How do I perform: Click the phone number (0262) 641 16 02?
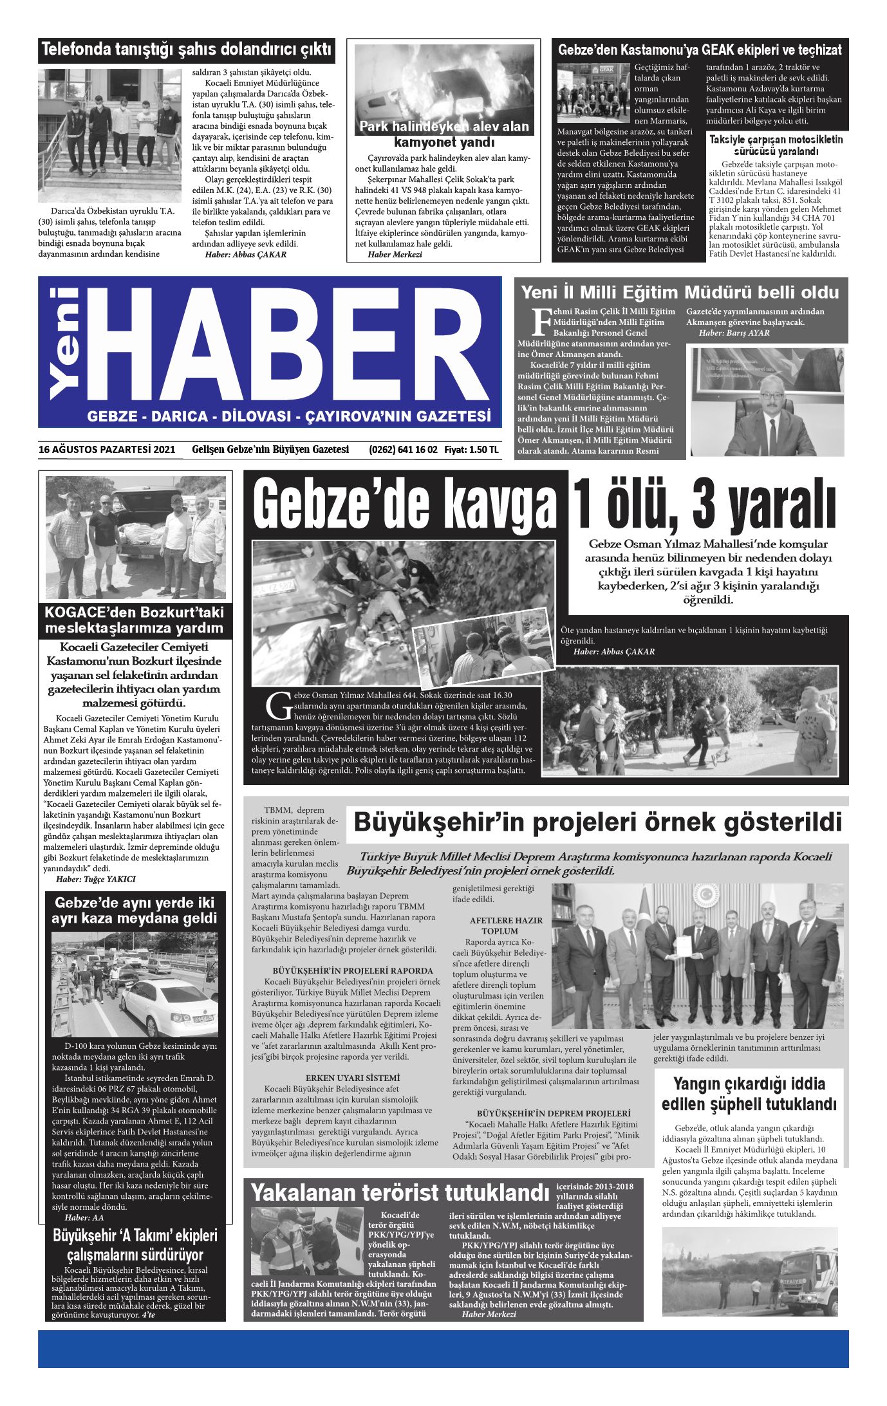tap(404, 450)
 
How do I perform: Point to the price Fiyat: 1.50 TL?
tap(471, 450)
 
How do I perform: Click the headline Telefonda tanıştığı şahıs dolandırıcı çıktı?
tap(187, 50)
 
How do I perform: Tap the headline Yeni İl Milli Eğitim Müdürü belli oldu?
tap(680, 292)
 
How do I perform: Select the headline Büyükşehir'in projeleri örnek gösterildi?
tap(597, 822)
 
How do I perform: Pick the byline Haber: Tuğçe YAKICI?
tap(96, 879)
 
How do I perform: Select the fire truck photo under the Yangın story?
tap(750, 1268)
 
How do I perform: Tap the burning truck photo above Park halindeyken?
tap(443, 82)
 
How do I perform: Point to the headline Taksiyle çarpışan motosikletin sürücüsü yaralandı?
tap(775, 145)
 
